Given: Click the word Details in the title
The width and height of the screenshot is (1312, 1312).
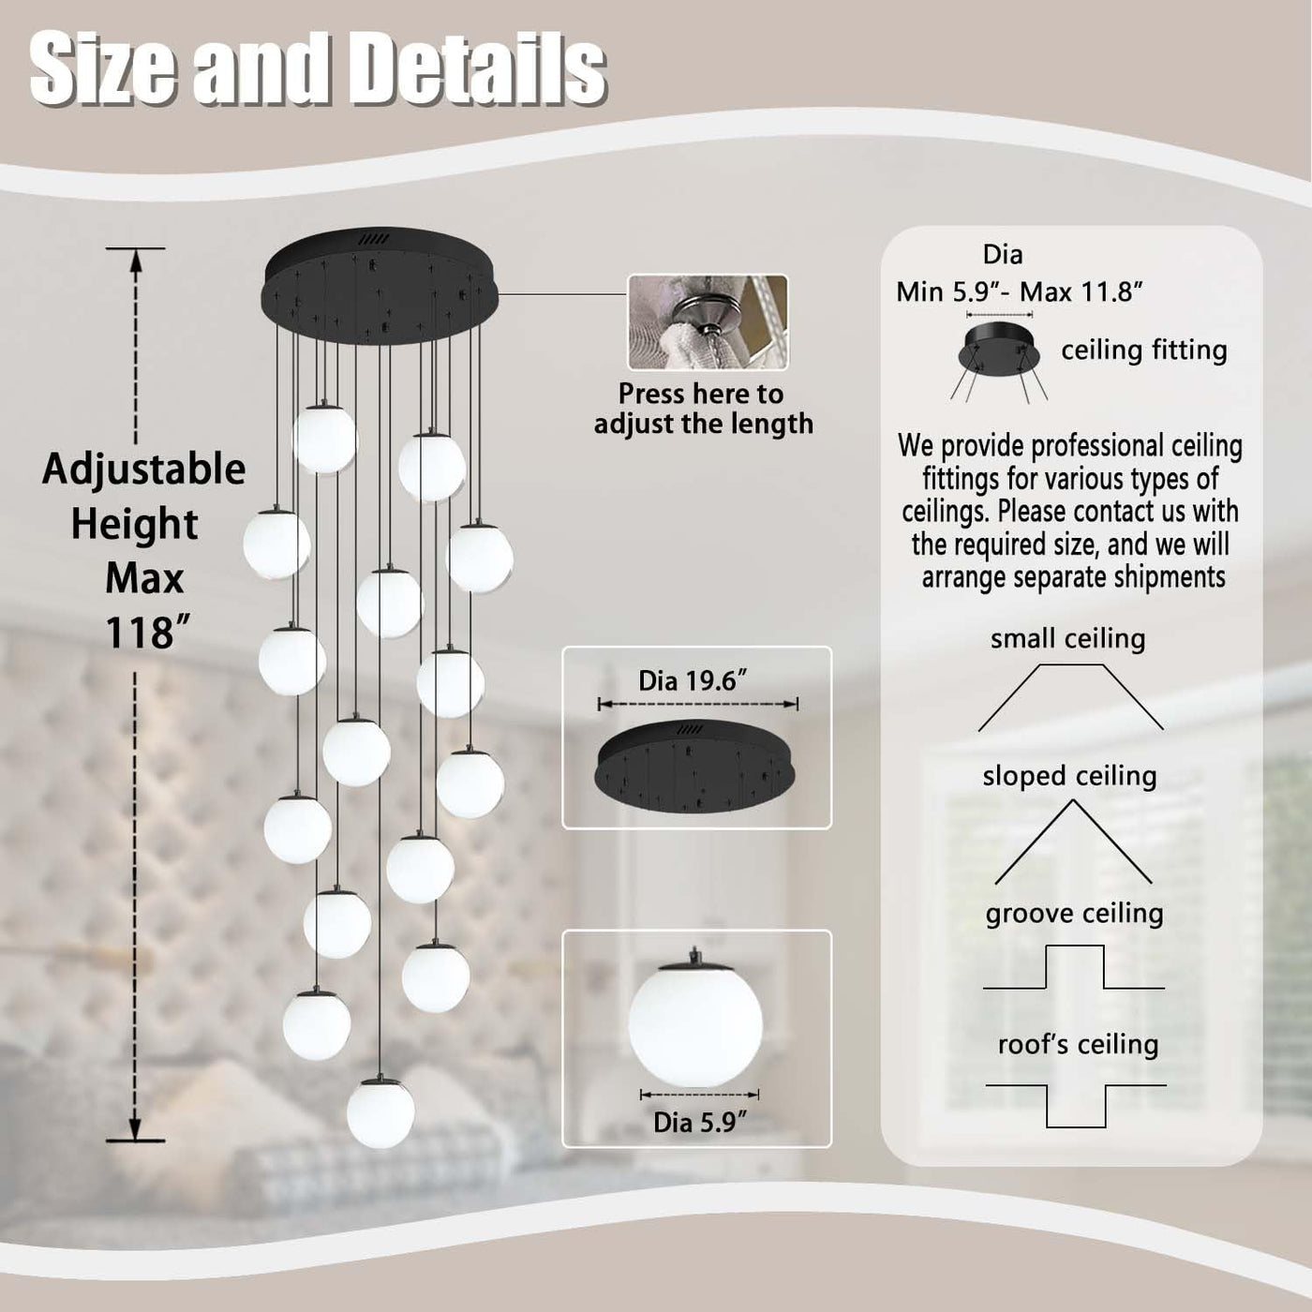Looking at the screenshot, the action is (x=481, y=71).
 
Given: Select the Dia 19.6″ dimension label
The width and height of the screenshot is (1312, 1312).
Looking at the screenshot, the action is (x=693, y=680).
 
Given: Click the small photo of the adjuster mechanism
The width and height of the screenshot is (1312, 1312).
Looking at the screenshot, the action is (x=708, y=322).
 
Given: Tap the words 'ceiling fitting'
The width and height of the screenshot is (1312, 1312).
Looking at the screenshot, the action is (x=1144, y=350).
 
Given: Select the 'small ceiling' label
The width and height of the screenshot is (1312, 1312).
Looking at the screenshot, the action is (x=1067, y=638).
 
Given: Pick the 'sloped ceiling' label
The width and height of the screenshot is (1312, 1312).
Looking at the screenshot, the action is (x=1069, y=776).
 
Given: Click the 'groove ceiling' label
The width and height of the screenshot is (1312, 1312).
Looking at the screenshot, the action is (x=1074, y=914).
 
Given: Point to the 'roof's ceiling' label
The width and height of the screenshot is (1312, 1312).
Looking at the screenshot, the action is (x=1078, y=1045).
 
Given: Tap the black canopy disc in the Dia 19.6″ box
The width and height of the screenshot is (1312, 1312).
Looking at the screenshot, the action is (x=696, y=767).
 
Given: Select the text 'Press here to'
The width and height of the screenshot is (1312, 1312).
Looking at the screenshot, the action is (x=701, y=394).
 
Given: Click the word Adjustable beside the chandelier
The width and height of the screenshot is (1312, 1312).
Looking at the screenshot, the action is (x=143, y=470).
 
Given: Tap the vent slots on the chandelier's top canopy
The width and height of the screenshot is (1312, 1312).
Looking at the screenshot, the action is (x=374, y=239).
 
